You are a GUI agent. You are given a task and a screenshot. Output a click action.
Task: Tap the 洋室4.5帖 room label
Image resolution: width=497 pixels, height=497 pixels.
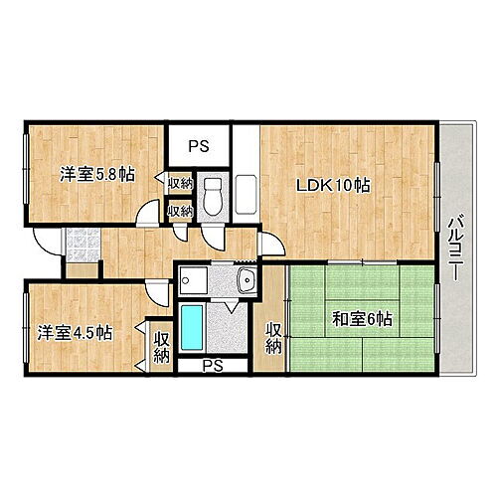(x=76, y=331)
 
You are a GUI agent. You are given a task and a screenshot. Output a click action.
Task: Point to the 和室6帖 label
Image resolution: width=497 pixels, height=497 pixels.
(x=361, y=319)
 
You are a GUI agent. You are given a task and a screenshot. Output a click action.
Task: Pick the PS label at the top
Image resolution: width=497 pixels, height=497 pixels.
(x=198, y=145)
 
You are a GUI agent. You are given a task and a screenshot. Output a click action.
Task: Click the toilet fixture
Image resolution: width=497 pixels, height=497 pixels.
(x=211, y=195)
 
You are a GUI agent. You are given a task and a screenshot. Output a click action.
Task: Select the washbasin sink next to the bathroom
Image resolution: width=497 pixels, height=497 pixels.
(x=246, y=279)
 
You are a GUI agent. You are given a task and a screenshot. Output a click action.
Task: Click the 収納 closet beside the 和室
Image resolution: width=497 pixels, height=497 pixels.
(x=272, y=338)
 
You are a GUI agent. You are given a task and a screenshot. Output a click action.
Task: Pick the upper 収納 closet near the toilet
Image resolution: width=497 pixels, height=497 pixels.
(x=180, y=184)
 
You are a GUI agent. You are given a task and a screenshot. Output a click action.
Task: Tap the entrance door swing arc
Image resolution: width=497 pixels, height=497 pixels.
(x=45, y=242)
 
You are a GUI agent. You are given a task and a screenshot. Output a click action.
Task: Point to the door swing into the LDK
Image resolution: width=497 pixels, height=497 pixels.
(x=268, y=245)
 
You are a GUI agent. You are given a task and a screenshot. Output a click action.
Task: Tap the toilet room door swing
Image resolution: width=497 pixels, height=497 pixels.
(x=211, y=234)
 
